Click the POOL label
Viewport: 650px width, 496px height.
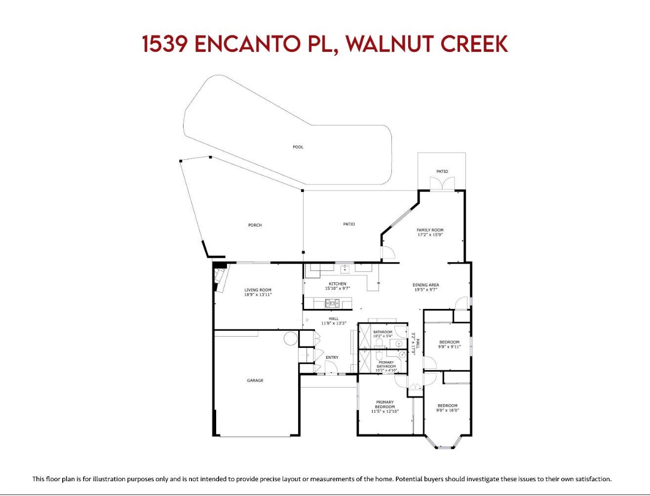tap(298, 147)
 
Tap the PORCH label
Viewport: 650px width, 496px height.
tap(255, 225)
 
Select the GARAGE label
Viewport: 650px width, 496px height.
tap(255, 380)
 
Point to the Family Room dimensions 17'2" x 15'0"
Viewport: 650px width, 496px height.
tap(430, 234)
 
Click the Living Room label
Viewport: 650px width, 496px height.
tap(258, 290)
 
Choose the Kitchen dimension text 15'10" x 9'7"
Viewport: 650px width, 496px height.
tap(338, 288)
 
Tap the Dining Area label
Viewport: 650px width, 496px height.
tap(426, 285)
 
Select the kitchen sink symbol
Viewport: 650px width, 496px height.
tap(344, 269)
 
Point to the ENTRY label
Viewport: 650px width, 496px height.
tap(332, 357)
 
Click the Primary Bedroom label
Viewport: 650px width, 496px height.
tap(385, 404)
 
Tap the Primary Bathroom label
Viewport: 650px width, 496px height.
tap(386, 364)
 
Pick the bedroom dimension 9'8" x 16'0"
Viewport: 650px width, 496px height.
tap(448, 410)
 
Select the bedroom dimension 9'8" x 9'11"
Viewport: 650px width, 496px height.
tap(449, 346)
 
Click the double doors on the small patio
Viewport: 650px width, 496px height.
tap(442, 183)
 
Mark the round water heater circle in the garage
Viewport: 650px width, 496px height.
tap(291, 338)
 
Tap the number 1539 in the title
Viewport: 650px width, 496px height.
tap(165, 44)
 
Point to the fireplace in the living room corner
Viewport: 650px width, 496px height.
tap(220, 278)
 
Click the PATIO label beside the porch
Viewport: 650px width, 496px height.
tap(349, 224)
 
